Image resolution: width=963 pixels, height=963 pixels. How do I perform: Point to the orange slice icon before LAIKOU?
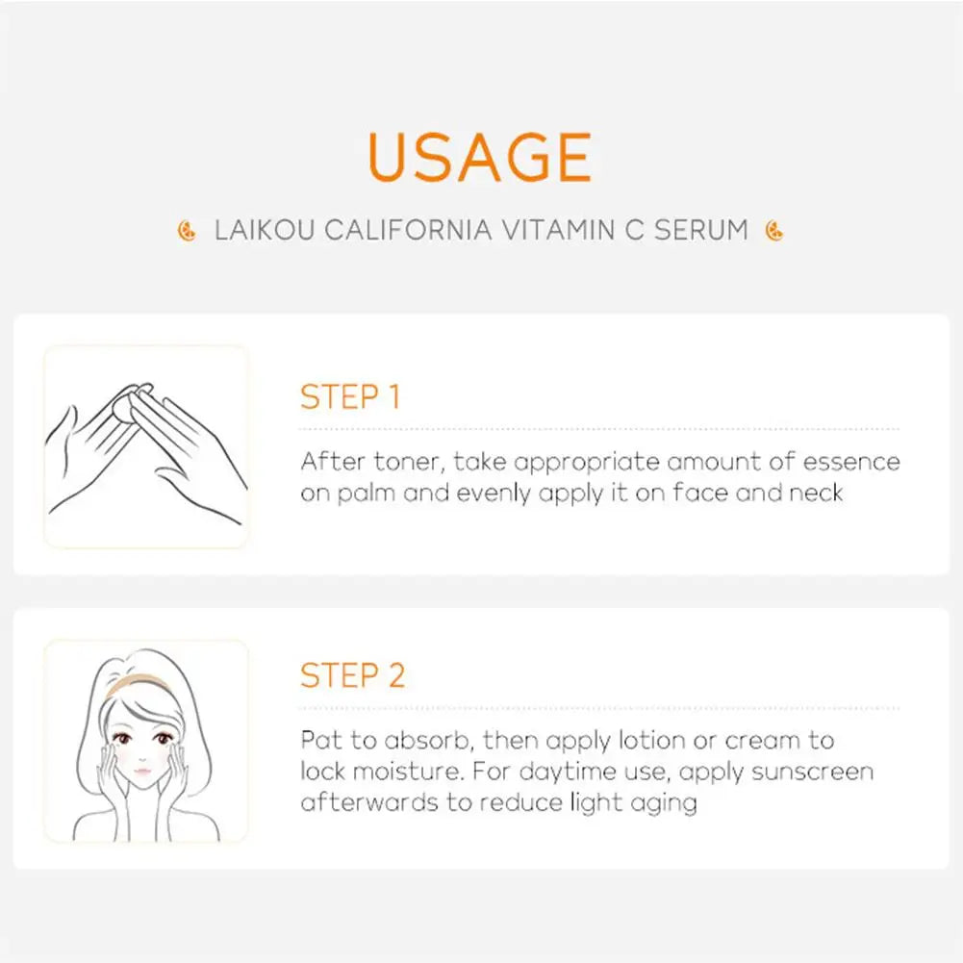(187, 232)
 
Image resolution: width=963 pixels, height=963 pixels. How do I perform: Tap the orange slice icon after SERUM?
(773, 232)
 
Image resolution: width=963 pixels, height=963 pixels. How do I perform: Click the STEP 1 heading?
(349, 397)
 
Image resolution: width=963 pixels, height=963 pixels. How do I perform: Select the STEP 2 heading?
(352, 675)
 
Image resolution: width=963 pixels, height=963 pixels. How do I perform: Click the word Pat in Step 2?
(320, 741)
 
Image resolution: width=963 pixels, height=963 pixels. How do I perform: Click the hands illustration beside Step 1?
(144, 446)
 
